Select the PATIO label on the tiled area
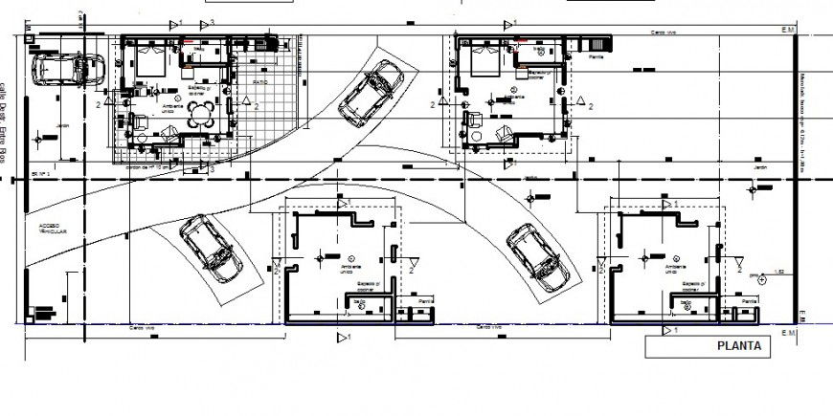260,83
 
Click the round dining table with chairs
201,116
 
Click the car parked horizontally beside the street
68,69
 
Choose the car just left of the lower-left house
210,247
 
